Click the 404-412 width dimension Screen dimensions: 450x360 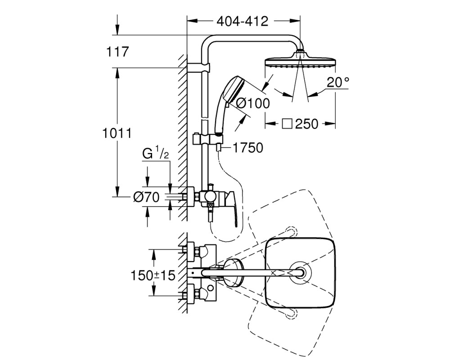tap(243, 22)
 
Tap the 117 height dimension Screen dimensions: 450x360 tap(117, 52)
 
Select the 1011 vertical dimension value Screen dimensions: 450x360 tap(117, 133)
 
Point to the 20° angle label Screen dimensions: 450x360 tap(338, 83)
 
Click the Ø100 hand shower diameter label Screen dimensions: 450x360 tap(252, 103)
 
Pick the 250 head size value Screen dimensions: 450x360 tap(306, 124)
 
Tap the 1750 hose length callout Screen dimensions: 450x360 tap(247, 148)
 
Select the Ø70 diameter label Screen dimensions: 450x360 tap(146, 197)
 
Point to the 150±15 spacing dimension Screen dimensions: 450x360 tap(153, 275)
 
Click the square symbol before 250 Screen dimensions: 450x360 tap(287, 124)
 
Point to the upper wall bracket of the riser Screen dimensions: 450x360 tap(198, 67)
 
